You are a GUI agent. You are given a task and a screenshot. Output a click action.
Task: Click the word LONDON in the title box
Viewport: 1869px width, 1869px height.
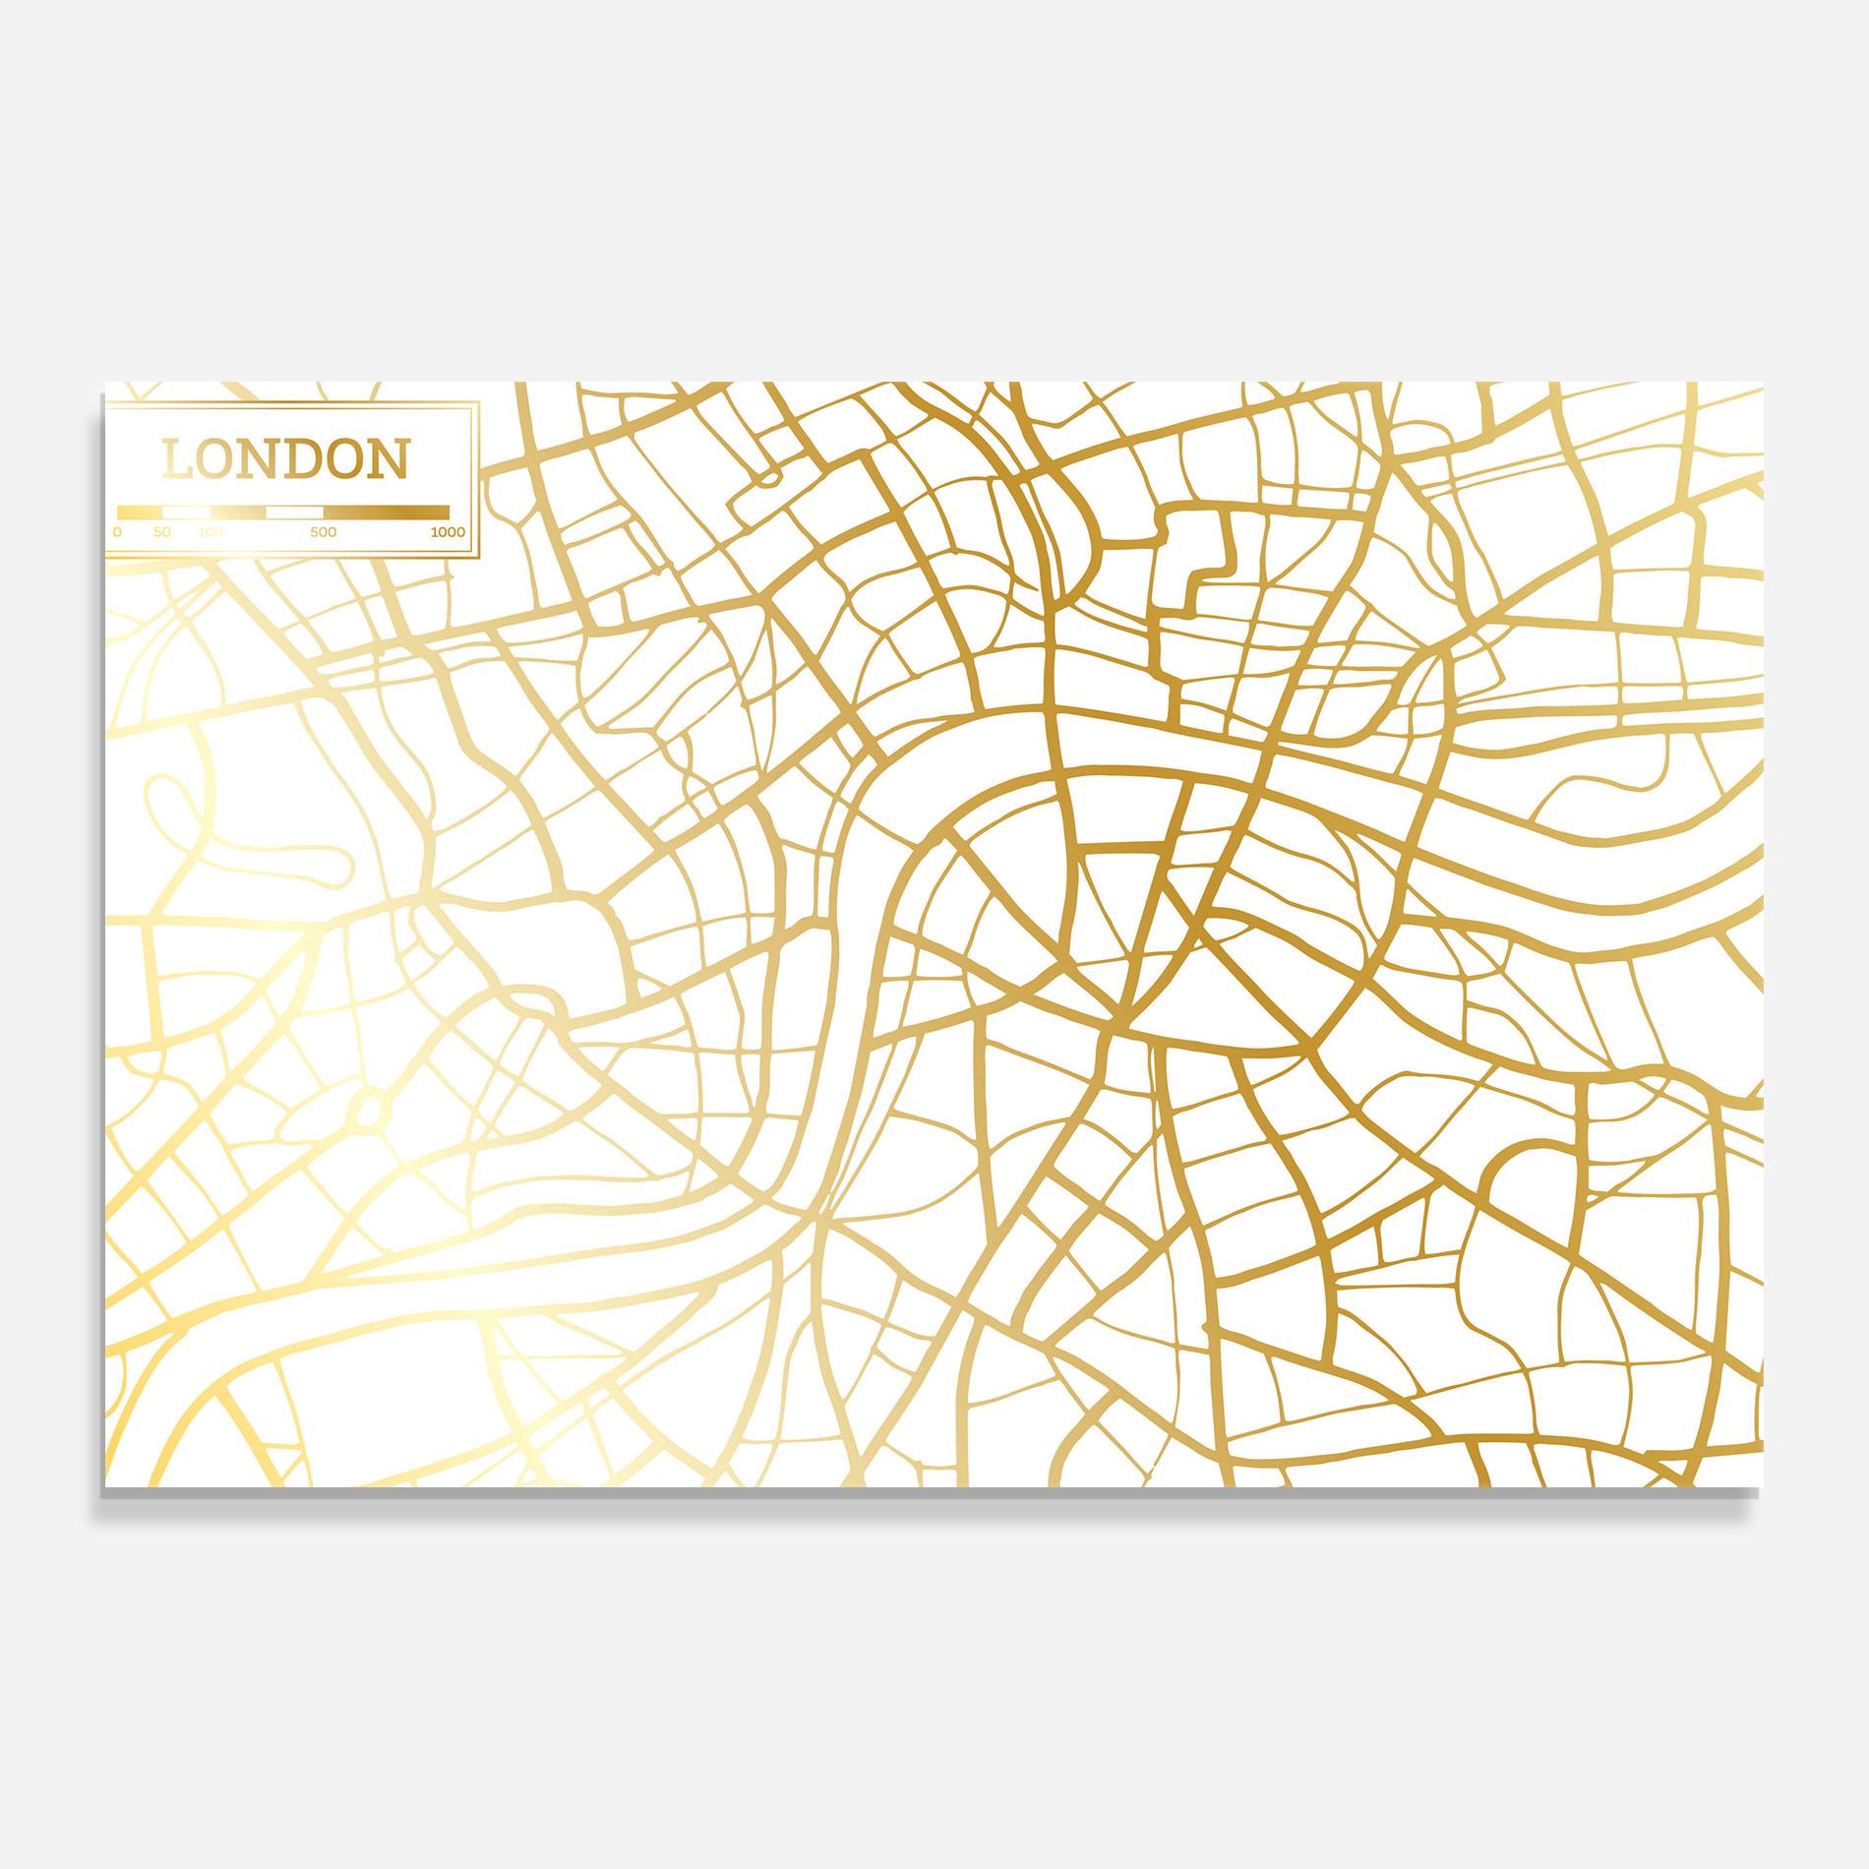point(285,460)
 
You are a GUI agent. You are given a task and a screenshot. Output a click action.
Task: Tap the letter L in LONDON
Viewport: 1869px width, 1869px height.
point(176,460)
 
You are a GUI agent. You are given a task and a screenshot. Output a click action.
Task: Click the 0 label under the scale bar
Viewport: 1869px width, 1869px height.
point(118,532)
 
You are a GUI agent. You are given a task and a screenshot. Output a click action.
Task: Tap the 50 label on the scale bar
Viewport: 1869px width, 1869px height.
point(162,532)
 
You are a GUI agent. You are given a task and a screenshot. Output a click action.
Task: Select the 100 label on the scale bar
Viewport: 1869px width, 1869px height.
point(211,532)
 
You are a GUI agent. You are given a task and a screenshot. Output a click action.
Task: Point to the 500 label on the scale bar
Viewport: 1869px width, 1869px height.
point(324,532)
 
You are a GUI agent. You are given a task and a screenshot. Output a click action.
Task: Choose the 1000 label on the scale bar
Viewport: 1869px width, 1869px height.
point(447,532)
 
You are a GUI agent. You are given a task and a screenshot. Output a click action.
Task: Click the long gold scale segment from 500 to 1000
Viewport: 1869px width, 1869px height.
point(386,512)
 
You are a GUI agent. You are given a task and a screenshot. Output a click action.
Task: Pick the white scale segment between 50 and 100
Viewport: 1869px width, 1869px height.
point(186,512)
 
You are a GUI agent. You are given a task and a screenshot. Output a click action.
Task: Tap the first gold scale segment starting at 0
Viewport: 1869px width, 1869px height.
point(140,512)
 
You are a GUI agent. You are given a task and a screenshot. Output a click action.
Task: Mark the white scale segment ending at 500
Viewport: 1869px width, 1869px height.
point(295,512)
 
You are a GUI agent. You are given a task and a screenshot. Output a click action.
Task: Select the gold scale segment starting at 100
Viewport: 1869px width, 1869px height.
point(238,512)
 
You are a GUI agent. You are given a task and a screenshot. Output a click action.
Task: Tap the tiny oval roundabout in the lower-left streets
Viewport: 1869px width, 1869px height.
point(367,1113)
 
